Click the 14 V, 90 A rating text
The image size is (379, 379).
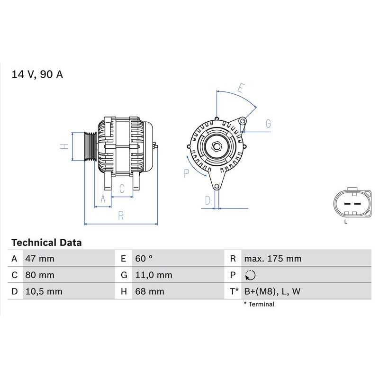point(37,74)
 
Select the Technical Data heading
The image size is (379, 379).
point(46,243)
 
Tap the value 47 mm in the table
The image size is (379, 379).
point(39,259)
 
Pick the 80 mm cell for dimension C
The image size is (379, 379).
point(39,275)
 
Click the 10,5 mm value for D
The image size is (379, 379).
point(43,291)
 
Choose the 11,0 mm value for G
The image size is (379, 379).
point(153,275)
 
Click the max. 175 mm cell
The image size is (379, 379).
point(272,259)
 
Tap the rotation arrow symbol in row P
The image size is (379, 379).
point(250,275)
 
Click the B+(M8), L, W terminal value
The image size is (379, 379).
point(272,291)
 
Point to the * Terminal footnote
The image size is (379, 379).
point(259,304)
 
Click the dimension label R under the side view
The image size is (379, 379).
point(121,216)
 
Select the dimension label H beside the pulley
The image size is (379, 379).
point(65,146)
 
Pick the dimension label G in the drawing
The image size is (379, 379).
point(268,124)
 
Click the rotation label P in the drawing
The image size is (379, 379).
point(186,173)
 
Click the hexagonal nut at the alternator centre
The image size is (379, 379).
point(217,146)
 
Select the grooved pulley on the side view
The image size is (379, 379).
point(90,146)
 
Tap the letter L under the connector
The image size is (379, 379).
point(346,221)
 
